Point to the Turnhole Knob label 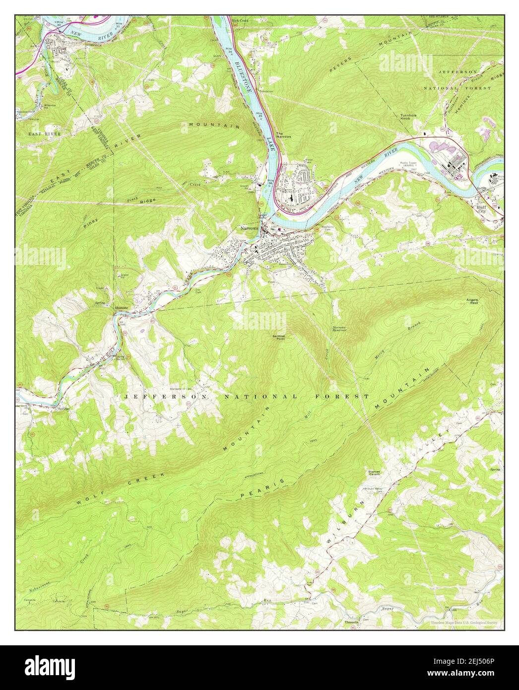[411, 118]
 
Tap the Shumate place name [122, 307]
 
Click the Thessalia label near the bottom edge [351, 621]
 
